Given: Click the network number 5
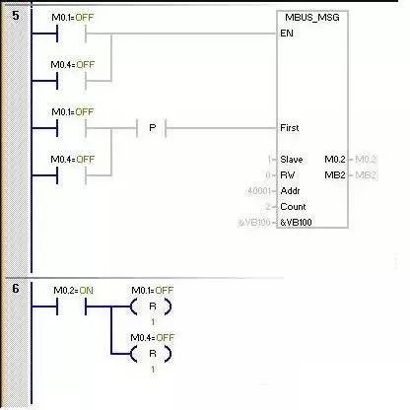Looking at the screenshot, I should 15,17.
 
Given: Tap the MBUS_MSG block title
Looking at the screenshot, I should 313,17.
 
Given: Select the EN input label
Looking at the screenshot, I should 288,32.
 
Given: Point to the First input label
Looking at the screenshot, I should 290,128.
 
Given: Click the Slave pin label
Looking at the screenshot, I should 292,159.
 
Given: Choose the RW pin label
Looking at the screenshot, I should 288,174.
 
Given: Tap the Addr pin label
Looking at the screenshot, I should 290,190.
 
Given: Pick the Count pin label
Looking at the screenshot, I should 293,207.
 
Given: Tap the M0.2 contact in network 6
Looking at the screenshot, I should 73,307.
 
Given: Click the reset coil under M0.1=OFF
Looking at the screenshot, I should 152,307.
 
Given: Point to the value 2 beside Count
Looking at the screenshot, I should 269,207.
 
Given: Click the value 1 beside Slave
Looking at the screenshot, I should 269,159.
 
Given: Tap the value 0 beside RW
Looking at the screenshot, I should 269,174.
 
